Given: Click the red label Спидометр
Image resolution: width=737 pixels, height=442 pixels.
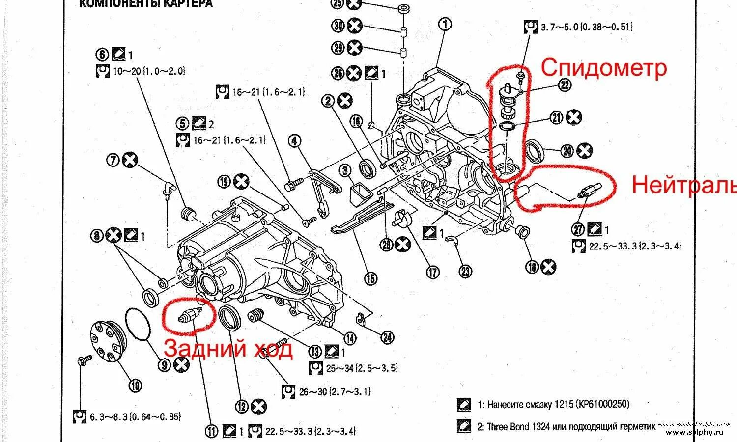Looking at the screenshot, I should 604,68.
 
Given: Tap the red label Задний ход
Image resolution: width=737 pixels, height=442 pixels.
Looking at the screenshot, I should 228,348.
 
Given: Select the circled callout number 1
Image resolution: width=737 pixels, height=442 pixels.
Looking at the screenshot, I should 445,24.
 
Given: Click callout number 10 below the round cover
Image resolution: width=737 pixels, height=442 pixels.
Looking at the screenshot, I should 135,386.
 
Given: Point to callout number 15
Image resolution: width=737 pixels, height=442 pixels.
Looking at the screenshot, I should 371,278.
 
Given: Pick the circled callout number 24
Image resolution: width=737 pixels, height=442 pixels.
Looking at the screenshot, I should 387,337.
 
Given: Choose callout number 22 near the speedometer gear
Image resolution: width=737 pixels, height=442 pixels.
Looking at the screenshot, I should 565,85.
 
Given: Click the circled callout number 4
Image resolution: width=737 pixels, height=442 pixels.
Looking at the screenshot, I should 294,141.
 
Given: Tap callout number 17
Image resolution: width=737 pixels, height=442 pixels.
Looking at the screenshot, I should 432,272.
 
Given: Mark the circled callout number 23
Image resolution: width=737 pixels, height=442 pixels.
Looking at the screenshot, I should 465,271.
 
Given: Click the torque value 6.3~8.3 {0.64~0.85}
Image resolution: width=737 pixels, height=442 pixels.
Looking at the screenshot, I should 135,417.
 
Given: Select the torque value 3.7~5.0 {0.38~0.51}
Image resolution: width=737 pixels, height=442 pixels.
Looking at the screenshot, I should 586,27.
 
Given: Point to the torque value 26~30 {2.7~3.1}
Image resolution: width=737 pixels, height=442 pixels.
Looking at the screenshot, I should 335,391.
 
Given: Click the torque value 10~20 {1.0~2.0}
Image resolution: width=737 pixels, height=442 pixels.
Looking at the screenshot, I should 148,71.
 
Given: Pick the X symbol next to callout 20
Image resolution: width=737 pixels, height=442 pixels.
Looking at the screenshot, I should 584,151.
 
